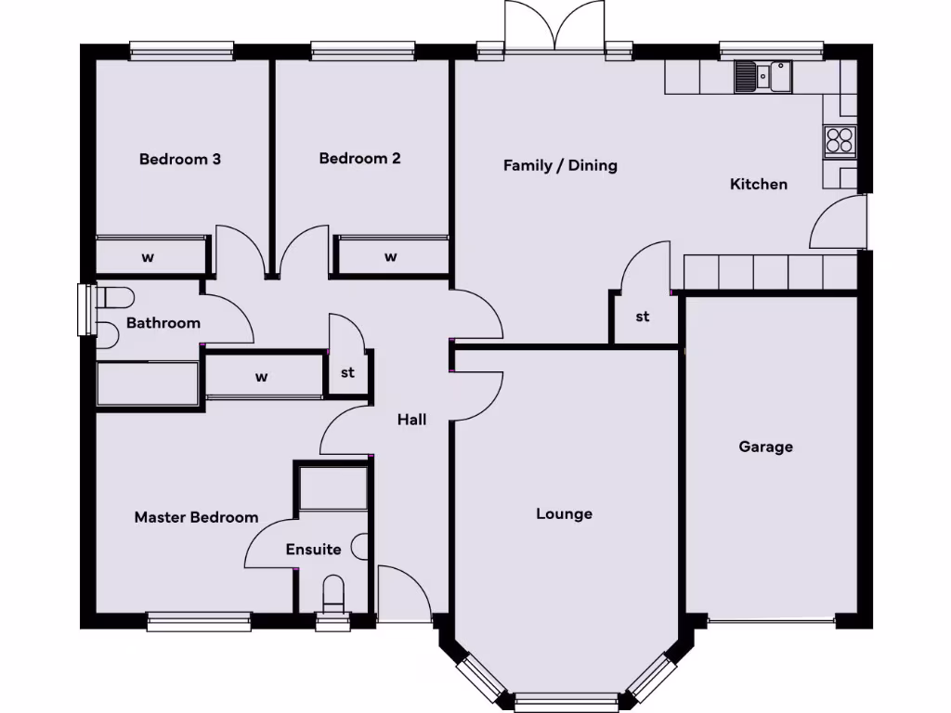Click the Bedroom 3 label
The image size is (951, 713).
(x=179, y=159)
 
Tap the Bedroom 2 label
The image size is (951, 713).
(x=359, y=158)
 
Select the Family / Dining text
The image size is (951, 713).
(x=560, y=165)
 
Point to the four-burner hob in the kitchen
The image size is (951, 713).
(x=839, y=140)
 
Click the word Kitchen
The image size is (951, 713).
(x=758, y=184)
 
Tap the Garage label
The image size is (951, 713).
(x=765, y=447)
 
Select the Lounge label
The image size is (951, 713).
(x=564, y=513)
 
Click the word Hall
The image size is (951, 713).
(x=411, y=420)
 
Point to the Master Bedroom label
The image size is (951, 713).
(x=196, y=517)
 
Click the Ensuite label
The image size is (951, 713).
(x=313, y=549)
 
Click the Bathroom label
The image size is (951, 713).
(x=163, y=323)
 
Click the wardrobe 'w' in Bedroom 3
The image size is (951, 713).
(x=148, y=257)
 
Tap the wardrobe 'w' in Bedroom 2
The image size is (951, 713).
(x=390, y=256)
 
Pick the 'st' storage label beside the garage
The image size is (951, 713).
(x=642, y=317)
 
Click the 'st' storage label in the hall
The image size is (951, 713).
(x=347, y=373)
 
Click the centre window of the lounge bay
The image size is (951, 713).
(x=567, y=702)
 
